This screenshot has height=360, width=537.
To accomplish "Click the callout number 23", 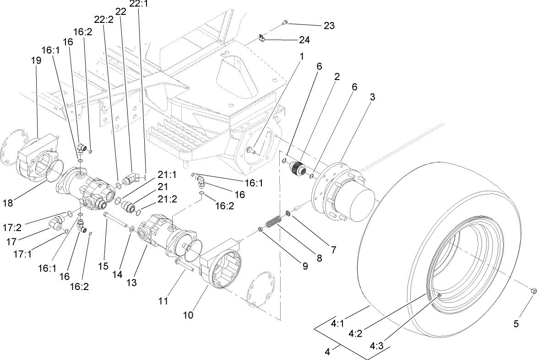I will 329,26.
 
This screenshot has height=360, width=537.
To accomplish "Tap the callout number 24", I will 304,40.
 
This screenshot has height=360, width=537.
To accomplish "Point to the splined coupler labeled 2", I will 300,168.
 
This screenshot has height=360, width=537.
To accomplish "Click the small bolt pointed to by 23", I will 285,21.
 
